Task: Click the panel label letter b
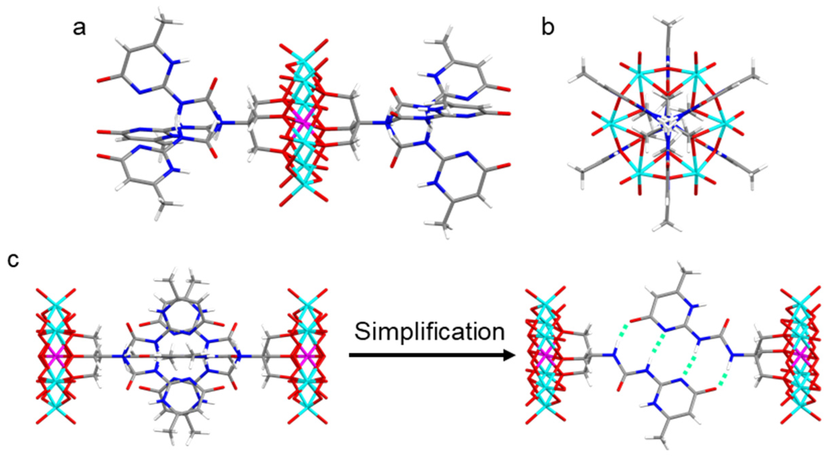[548, 28]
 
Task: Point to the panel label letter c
[13, 260]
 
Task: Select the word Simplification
[429, 332]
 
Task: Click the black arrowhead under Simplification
[509, 355]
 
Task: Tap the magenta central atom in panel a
[305, 124]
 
